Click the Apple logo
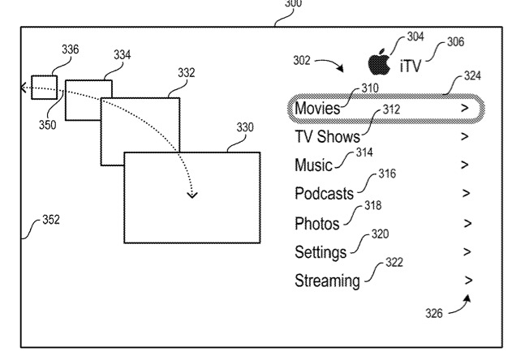pos(377,62)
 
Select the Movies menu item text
pos(317,108)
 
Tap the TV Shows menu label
pos(326,136)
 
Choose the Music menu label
pos(313,165)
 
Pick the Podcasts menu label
pos(324,194)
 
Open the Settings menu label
pos(321,252)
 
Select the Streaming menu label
pos(327,281)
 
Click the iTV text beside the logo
pos(411,65)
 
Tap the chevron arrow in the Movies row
pos(464,107)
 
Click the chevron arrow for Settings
pos(466,251)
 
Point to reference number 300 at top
pos(292,4)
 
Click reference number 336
pos(71,49)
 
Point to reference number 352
pos(51,220)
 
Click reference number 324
pos(471,76)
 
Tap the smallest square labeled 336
pos(44,86)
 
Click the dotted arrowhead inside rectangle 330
pos(192,194)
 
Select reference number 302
pos(302,60)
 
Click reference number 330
pos(244,127)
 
